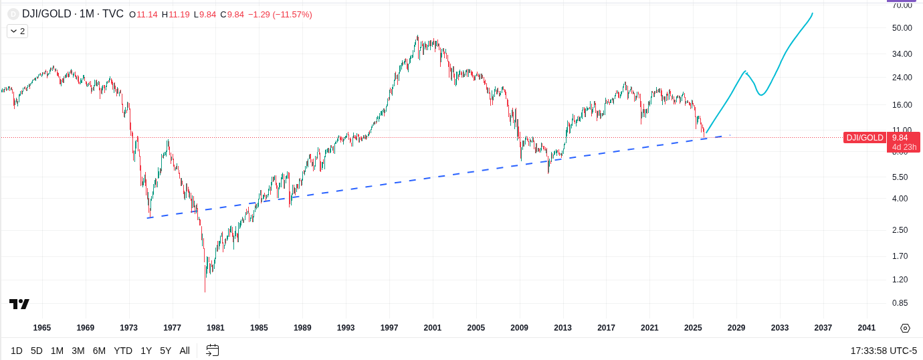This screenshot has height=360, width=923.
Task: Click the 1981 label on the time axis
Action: (215, 328)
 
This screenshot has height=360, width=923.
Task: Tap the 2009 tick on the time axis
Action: (519, 328)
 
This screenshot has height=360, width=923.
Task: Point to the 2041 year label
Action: (866, 328)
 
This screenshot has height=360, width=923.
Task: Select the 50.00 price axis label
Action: (902, 27)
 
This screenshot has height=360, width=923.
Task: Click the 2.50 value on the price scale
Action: (900, 230)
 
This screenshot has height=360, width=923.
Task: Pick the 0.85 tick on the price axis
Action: (900, 302)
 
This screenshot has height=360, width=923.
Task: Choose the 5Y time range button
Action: (165, 351)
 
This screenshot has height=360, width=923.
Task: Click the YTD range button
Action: (123, 351)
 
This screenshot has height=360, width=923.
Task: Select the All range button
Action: (185, 351)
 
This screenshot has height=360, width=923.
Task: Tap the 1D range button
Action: (17, 351)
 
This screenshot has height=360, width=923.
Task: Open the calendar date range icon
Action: (213, 350)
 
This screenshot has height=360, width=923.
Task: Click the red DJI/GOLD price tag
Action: (865, 138)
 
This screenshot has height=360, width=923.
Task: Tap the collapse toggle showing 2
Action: (17, 31)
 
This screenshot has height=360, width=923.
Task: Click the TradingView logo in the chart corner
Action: (19, 304)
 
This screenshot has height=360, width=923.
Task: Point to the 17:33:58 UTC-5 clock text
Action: (884, 351)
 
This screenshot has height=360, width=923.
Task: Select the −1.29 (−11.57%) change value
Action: (280, 15)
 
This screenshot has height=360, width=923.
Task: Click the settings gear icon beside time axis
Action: (905, 328)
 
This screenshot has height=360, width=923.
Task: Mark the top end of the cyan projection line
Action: (813, 13)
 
